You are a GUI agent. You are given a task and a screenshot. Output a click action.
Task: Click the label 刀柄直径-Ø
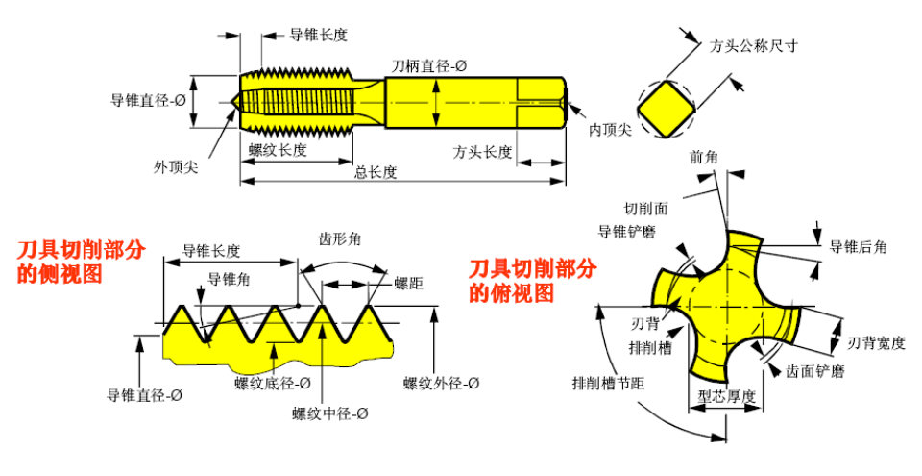tap(429, 65)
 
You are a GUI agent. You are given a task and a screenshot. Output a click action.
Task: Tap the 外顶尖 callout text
tap(176, 166)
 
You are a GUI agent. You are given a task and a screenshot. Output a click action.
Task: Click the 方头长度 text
tap(483, 152)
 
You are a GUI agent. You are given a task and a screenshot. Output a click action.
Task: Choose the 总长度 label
tap(376, 172)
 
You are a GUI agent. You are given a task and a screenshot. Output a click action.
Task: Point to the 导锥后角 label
tap(858, 247)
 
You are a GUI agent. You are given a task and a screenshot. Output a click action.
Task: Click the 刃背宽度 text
tap(877, 343)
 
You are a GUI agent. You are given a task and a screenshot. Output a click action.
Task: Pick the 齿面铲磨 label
tap(815, 370)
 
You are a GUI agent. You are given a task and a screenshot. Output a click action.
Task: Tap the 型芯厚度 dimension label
tap(727, 396)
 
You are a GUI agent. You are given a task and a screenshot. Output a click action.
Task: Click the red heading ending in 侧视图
tap(82, 261)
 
